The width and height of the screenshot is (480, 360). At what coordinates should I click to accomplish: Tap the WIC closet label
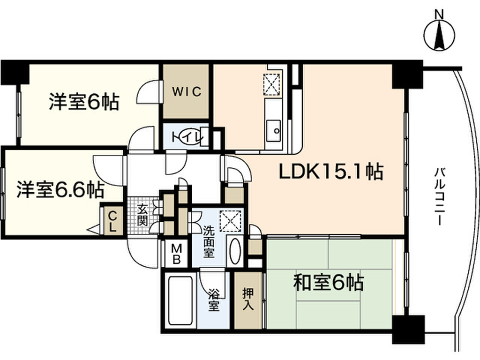pyautogui.click(x=186, y=91)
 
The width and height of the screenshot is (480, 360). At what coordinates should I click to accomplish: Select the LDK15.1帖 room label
pyautogui.click(x=331, y=172)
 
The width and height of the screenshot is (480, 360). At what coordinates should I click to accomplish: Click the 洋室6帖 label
pyautogui.click(x=84, y=102)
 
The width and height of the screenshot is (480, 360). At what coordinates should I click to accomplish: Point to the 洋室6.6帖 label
pyautogui.click(x=61, y=189)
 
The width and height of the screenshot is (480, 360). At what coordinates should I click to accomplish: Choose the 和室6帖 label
pyautogui.click(x=329, y=283)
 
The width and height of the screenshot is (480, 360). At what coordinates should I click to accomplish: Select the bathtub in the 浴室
pyautogui.click(x=180, y=300)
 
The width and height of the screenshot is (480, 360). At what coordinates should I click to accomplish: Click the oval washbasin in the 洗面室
pyautogui.click(x=235, y=252)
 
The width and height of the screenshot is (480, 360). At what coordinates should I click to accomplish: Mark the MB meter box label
pyautogui.click(x=176, y=254)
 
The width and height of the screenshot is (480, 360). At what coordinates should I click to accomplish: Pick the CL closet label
pyautogui.click(x=113, y=221)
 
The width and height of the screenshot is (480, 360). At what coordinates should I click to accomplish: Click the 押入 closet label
pyautogui.click(x=248, y=300)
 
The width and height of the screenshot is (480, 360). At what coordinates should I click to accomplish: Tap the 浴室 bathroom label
pyautogui.click(x=214, y=300)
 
